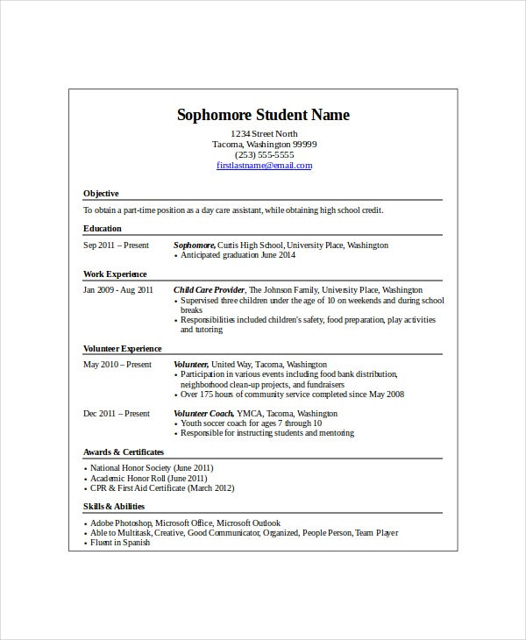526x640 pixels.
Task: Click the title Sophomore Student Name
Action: point(263,116)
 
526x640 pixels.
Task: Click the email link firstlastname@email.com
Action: point(264,165)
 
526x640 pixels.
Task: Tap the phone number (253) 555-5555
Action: point(264,154)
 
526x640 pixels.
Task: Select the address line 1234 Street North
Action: point(264,133)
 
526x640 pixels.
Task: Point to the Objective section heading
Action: point(101,193)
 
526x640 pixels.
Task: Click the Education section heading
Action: point(103,228)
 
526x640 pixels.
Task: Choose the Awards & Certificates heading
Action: point(124,452)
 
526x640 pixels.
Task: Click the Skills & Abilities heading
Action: point(114,506)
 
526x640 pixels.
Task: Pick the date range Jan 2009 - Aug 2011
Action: point(118,289)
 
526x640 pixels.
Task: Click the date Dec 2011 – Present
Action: point(117,413)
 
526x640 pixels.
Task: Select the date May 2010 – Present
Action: point(117,364)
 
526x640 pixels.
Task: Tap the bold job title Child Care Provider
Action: point(210,289)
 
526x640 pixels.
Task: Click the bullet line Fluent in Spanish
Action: point(120,543)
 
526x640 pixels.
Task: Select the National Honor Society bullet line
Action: point(151,468)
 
